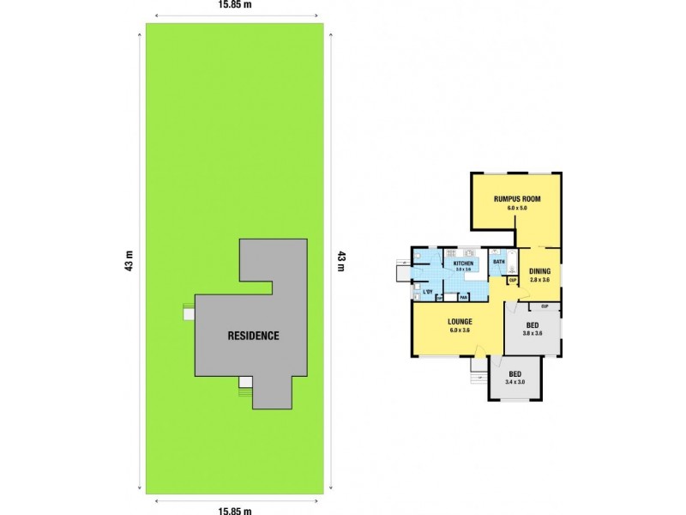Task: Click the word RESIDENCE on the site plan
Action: click(253, 336)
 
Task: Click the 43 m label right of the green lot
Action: click(340, 259)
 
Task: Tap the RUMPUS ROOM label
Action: click(516, 199)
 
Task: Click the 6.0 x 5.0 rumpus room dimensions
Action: click(516, 208)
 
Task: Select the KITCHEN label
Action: click(463, 263)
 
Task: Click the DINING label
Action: click(540, 272)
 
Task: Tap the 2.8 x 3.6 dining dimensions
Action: click(540, 281)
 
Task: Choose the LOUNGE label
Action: click(460, 322)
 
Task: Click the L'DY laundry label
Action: click(426, 293)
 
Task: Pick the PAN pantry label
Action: click(462, 297)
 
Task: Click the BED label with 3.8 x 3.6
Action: click(532, 325)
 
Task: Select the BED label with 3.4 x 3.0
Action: click(514, 374)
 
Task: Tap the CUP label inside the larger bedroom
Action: click(544, 306)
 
